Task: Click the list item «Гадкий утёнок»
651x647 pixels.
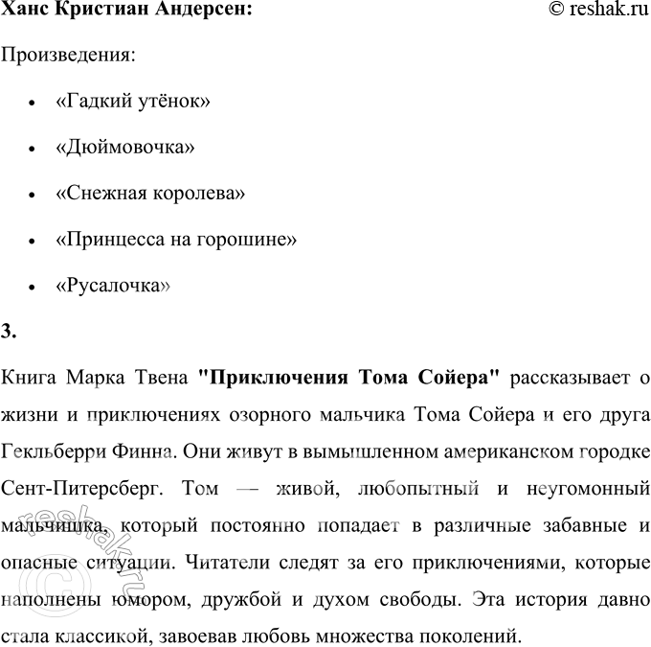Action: click(133, 102)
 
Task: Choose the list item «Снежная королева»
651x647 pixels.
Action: click(150, 194)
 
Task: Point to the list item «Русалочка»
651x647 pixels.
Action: click(116, 286)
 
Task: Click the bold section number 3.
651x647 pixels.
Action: click(10, 332)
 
